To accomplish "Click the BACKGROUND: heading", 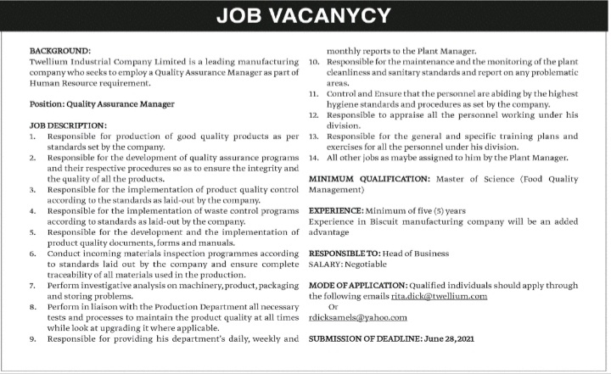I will click(x=59, y=51).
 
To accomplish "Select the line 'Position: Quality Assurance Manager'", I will click(x=101, y=104).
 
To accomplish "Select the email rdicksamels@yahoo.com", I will click(x=358, y=317).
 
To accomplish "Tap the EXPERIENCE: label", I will click(x=339, y=209).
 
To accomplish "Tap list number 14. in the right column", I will click(x=314, y=158).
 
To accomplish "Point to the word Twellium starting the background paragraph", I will click(x=50, y=62).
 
